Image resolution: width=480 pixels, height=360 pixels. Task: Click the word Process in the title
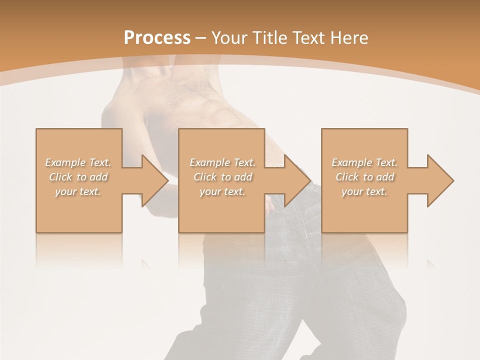[157, 38]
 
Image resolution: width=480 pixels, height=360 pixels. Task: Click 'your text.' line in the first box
[78, 191]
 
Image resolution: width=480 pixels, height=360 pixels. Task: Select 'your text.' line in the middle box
[222, 191]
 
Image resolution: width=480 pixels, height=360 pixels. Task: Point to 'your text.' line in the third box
[364, 191]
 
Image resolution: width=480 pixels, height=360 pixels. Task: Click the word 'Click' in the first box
[60, 177]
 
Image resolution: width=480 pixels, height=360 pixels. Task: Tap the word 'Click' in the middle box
[205, 177]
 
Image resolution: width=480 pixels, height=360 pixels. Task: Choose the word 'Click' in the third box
[347, 177]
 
